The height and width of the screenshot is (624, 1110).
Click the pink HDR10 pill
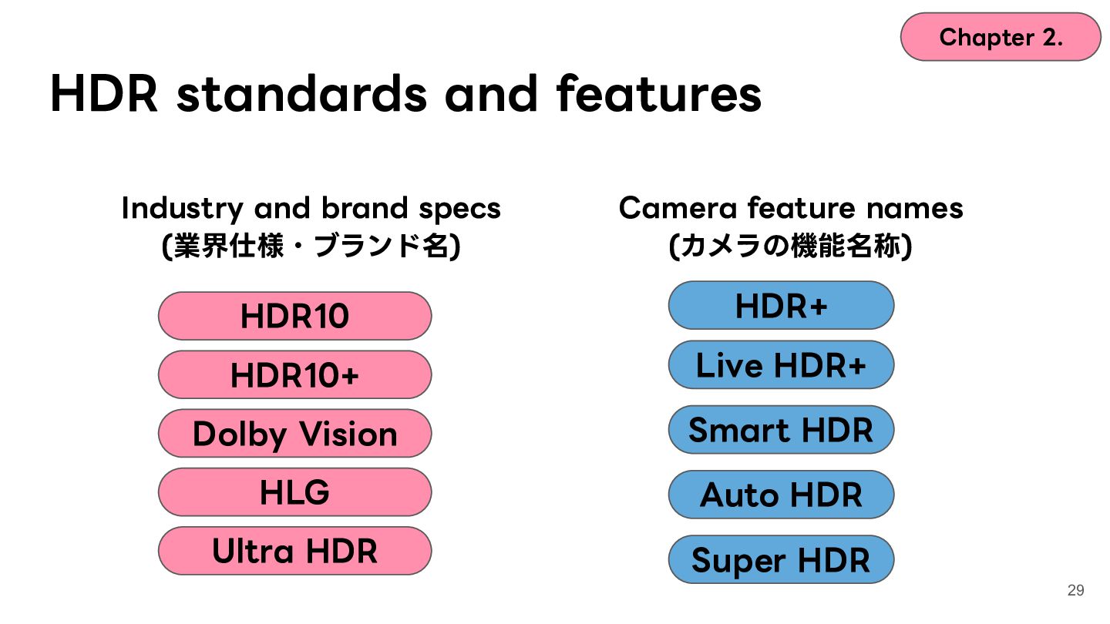294,316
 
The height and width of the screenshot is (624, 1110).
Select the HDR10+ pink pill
294,375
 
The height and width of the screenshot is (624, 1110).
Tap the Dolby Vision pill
294,433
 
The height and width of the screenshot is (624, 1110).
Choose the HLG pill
294,492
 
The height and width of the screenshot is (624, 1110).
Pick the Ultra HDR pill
294,552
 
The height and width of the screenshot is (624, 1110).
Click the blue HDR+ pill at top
782,306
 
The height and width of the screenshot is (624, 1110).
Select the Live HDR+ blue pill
782,365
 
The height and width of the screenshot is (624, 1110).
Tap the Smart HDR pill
782,430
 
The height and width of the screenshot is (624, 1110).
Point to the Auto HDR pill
782,495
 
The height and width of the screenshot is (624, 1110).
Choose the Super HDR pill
782,559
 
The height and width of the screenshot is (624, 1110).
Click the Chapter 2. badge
1001,37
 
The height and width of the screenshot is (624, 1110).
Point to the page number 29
1076,590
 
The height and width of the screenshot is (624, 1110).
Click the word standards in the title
302,93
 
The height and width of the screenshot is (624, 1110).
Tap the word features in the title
659,93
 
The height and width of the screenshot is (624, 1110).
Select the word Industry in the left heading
182,209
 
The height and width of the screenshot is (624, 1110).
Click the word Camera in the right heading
678,208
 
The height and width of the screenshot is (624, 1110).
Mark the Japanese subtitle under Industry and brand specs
311,246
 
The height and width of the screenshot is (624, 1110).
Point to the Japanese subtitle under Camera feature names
790,246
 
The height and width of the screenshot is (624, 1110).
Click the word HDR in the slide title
104,93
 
